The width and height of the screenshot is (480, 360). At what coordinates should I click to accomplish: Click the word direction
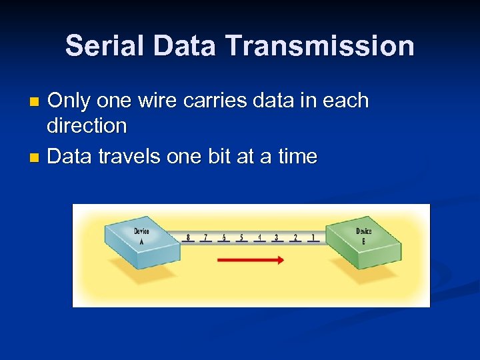click(87, 125)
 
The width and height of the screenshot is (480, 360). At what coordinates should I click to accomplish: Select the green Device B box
click(363, 240)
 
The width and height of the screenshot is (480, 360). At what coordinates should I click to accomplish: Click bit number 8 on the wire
click(188, 237)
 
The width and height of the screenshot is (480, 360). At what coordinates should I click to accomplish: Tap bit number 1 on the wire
click(313, 237)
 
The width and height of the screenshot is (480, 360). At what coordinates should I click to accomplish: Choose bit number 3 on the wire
click(277, 237)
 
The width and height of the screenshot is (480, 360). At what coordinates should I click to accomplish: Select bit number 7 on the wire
click(206, 237)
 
